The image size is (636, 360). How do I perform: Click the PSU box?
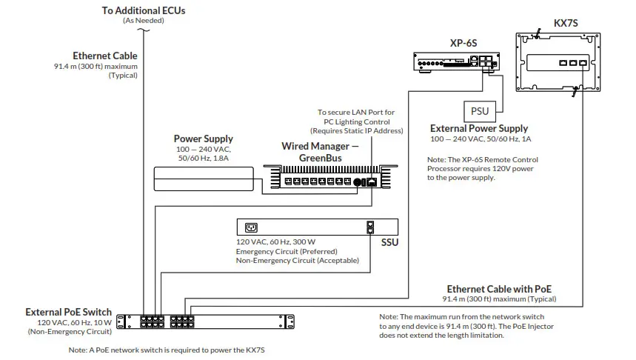point(479,111)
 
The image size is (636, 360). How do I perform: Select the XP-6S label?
point(464,43)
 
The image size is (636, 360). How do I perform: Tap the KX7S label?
point(566,24)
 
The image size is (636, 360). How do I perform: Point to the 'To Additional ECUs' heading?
point(143,10)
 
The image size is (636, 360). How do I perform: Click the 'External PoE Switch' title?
point(69,312)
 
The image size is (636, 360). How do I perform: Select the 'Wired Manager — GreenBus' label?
point(320,152)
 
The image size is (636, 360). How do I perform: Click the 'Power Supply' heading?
point(203,139)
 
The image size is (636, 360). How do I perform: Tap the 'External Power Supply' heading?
point(479,129)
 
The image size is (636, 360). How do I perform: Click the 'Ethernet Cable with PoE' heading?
point(499,289)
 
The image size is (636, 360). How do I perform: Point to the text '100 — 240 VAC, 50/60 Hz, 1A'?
point(481,139)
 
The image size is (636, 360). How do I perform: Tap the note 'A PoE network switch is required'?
point(166,350)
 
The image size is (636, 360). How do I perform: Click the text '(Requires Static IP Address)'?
point(357,130)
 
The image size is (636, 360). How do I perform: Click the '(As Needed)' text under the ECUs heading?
point(143,21)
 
